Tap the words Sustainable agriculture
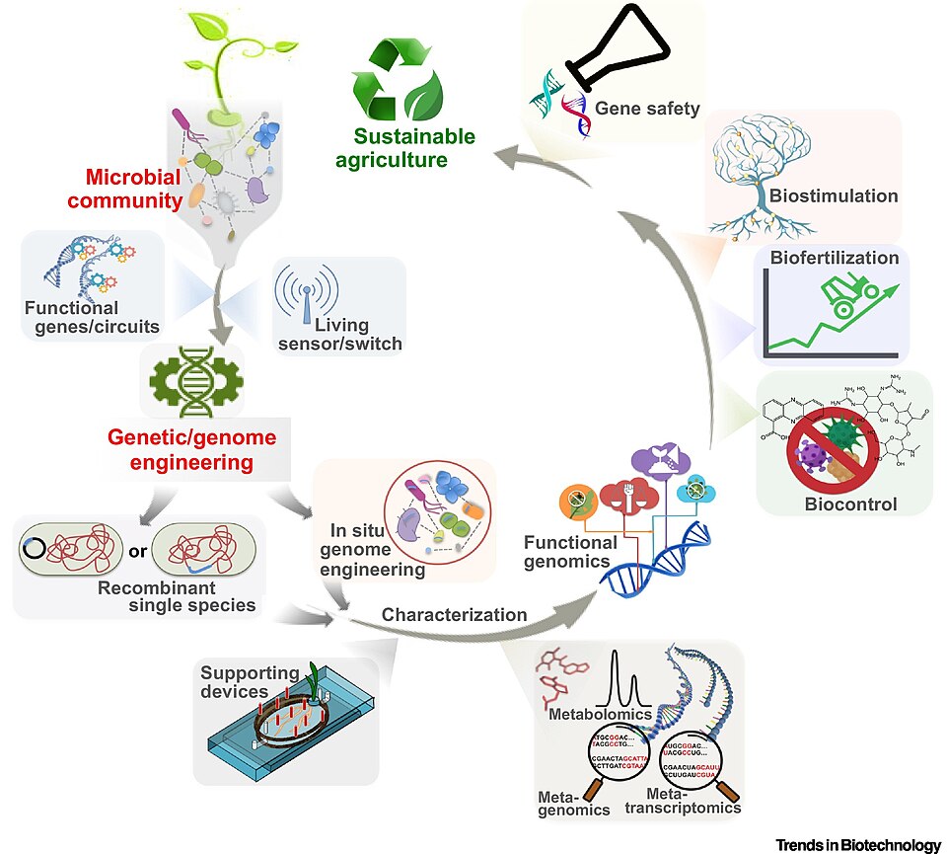[415, 148]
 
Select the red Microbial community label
[134, 190]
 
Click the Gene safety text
[647, 109]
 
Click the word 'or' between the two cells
[137, 551]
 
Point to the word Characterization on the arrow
[454, 614]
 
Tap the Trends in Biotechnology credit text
[858, 844]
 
